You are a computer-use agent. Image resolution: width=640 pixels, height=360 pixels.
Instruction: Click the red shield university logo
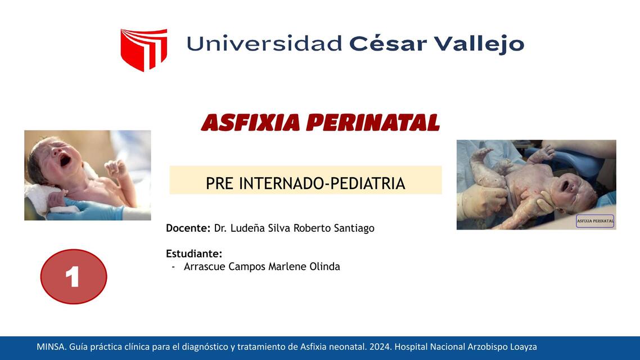click(x=143, y=49)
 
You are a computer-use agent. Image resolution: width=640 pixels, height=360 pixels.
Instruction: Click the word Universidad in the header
click(x=264, y=43)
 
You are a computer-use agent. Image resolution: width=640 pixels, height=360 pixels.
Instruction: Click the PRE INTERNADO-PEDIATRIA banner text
click(x=305, y=183)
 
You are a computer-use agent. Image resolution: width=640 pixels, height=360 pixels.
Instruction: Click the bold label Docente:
click(x=188, y=228)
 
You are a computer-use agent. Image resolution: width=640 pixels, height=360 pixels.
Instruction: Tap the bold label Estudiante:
click(x=194, y=254)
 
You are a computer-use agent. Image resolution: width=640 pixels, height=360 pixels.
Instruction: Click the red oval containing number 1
click(x=74, y=277)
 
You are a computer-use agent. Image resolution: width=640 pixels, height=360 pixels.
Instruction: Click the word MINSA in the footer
click(x=51, y=347)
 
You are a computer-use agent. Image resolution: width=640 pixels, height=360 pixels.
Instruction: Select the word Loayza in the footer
click(x=523, y=347)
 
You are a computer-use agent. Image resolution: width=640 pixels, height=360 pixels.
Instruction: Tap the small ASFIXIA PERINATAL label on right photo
click(x=595, y=221)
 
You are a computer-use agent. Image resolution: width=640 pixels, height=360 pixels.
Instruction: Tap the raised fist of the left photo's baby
click(x=116, y=167)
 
